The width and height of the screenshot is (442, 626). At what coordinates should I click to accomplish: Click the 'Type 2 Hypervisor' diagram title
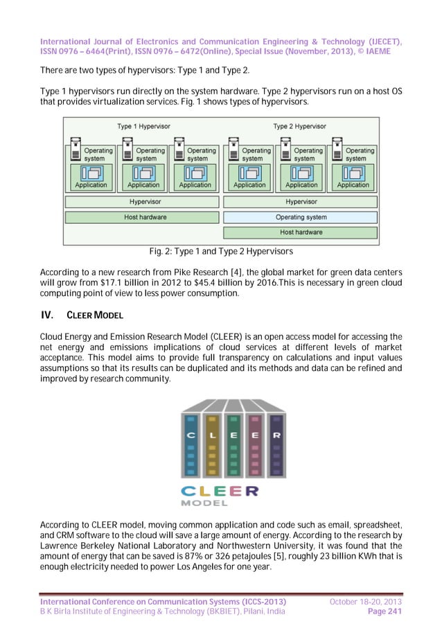300,126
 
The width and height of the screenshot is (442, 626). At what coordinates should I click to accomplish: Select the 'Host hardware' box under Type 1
144,217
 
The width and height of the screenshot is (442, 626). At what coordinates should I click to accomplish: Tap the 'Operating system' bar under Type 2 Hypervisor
301,217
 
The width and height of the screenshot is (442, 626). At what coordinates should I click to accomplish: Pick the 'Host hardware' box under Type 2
301,232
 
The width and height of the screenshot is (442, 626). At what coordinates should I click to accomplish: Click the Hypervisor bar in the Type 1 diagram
144,202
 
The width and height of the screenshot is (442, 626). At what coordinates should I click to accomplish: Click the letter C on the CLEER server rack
191,435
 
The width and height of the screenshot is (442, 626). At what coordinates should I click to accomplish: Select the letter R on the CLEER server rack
276,435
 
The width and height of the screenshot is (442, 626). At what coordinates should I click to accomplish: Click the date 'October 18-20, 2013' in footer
366,600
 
